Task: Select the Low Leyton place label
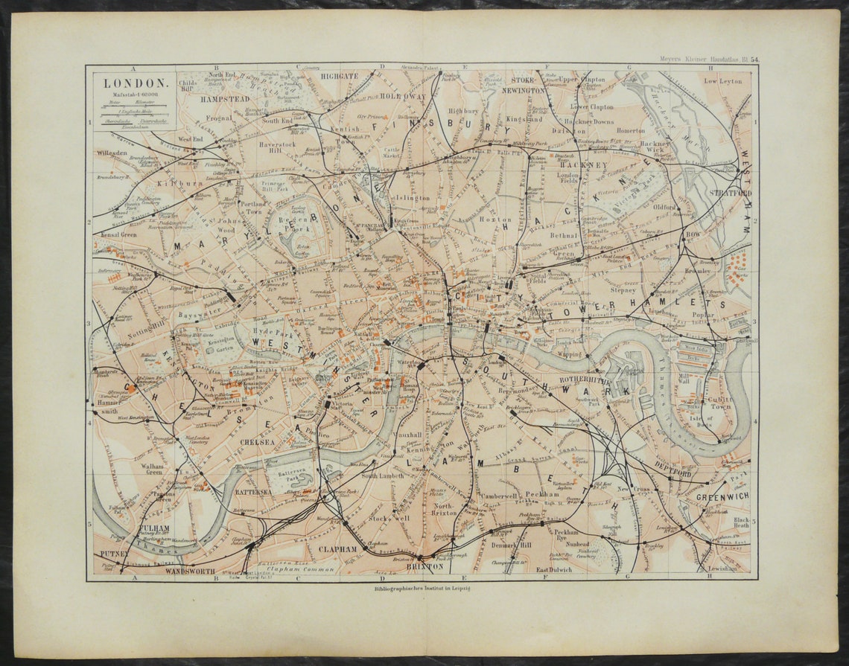click(x=723, y=81)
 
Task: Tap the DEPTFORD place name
click(x=673, y=473)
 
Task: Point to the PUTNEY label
click(x=114, y=554)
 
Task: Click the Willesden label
click(x=112, y=153)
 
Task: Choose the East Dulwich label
click(x=554, y=570)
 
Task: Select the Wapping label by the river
click(x=568, y=355)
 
